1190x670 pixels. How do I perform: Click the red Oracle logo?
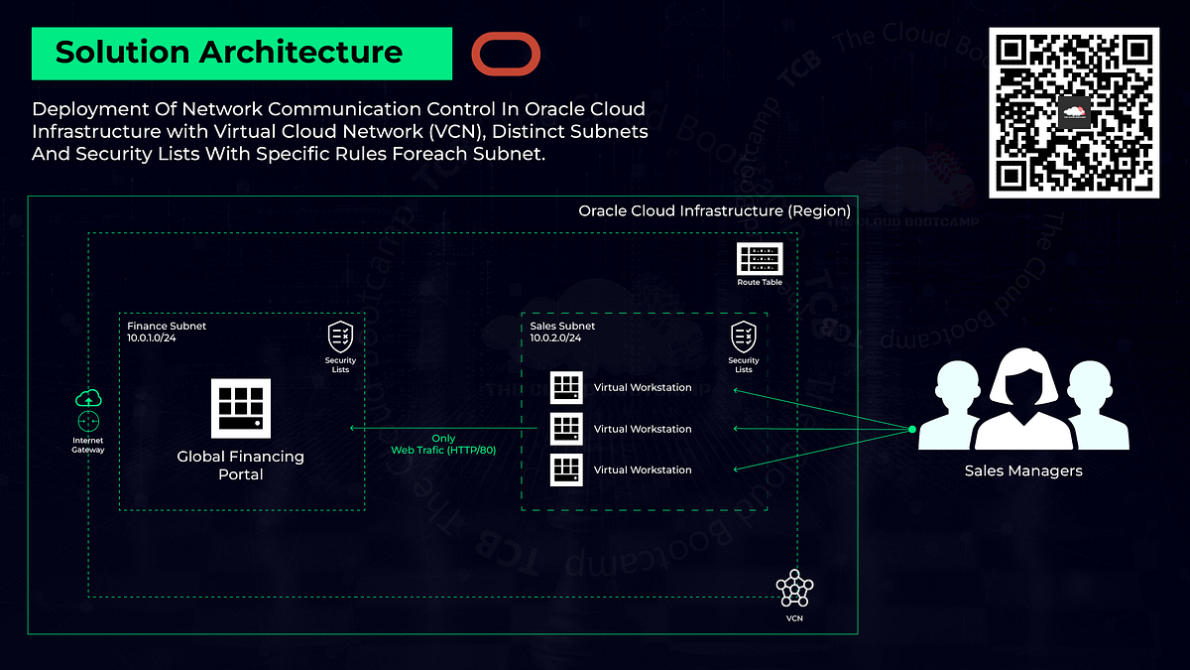pos(506,53)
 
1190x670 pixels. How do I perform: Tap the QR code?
pos(1074,113)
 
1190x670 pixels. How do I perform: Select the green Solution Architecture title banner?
pos(242,53)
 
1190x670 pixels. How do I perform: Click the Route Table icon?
pos(760,259)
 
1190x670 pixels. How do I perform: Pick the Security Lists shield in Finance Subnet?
pos(341,336)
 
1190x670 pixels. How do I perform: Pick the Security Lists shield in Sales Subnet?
pos(744,336)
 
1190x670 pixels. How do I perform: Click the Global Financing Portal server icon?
pos(241,407)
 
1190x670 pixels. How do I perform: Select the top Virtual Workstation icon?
pos(565,387)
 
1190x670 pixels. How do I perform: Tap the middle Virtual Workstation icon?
pos(565,429)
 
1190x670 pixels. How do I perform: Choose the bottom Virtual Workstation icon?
pos(565,469)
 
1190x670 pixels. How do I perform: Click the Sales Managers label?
pos(1023,470)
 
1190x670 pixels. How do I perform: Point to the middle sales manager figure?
pos(1023,397)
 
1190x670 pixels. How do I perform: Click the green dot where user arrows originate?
pos(911,429)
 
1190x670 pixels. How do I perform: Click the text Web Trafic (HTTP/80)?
pos(443,450)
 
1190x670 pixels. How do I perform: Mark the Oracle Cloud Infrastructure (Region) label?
pos(714,211)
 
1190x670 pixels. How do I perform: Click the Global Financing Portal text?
pos(241,466)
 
